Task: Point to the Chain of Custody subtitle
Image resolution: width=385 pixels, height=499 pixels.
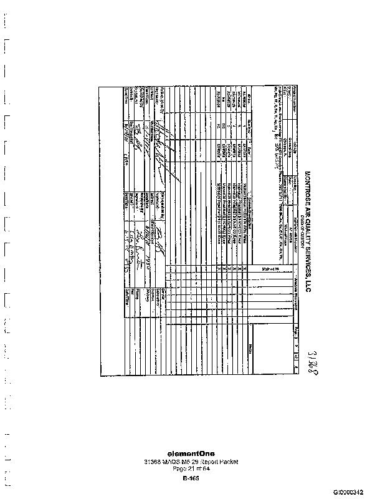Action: click(302, 222)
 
